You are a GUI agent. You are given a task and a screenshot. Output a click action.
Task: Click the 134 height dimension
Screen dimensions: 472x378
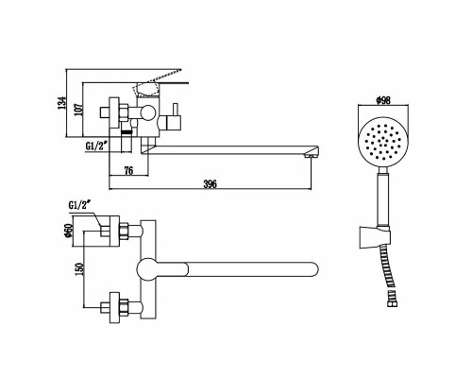[x=62, y=103]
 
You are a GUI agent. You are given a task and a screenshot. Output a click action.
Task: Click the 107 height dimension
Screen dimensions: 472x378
[x=78, y=110]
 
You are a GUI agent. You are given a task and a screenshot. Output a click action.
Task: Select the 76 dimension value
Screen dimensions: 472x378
[x=128, y=171]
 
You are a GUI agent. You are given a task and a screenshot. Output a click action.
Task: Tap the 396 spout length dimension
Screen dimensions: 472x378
[x=210, y=184]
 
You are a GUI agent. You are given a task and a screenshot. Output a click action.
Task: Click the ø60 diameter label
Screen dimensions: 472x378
[x=68, y=231]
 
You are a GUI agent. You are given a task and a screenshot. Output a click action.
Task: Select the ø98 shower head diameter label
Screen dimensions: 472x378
[x=383, y=100]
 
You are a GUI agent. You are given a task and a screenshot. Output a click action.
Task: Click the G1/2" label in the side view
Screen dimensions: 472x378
[x=96, y=146]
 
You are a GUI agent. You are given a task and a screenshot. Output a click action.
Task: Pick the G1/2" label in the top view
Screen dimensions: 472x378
[x=79, y=205]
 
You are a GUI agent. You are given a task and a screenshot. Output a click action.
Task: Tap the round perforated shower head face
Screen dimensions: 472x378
[x=383, y=144]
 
